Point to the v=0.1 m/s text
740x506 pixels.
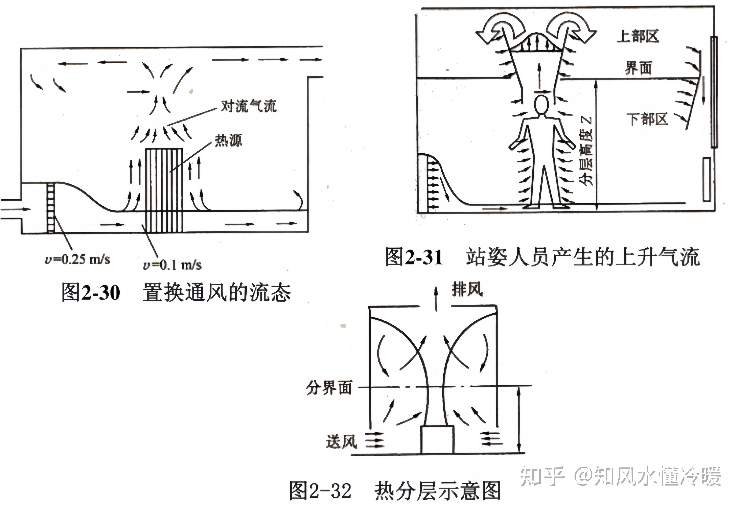(172, 265)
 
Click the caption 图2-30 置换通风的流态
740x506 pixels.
(176, 293)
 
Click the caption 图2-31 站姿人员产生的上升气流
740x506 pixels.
(542, 257)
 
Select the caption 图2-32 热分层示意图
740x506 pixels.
(395, 491)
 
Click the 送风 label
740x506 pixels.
(341, 442)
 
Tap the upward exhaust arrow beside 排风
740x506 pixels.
(436, 298)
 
